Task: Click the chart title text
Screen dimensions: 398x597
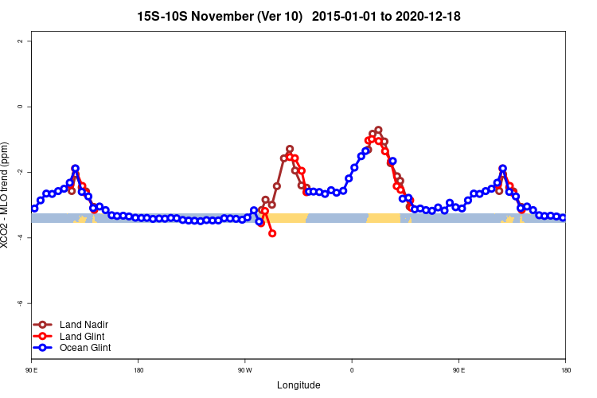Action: (298, 16)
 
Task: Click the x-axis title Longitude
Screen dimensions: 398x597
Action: (298, 385)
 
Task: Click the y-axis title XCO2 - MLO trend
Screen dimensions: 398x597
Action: (6, 195)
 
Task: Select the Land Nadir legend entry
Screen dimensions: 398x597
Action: (84, 325)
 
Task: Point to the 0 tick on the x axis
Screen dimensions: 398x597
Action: (352, 370)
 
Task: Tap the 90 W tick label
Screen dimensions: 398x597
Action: (244, 370)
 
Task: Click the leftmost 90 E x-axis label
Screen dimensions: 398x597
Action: (32, 370)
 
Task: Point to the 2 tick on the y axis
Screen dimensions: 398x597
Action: (21, 41)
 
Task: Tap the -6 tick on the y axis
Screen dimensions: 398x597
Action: (21, 303)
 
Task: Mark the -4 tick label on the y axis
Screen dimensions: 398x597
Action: (21, 238)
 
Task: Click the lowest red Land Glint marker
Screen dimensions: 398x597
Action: (272, 233)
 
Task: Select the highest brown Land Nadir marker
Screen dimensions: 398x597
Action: (378, 130)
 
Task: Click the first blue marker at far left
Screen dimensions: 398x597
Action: (34, 209)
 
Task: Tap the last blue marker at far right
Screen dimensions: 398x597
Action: (563, 217)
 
